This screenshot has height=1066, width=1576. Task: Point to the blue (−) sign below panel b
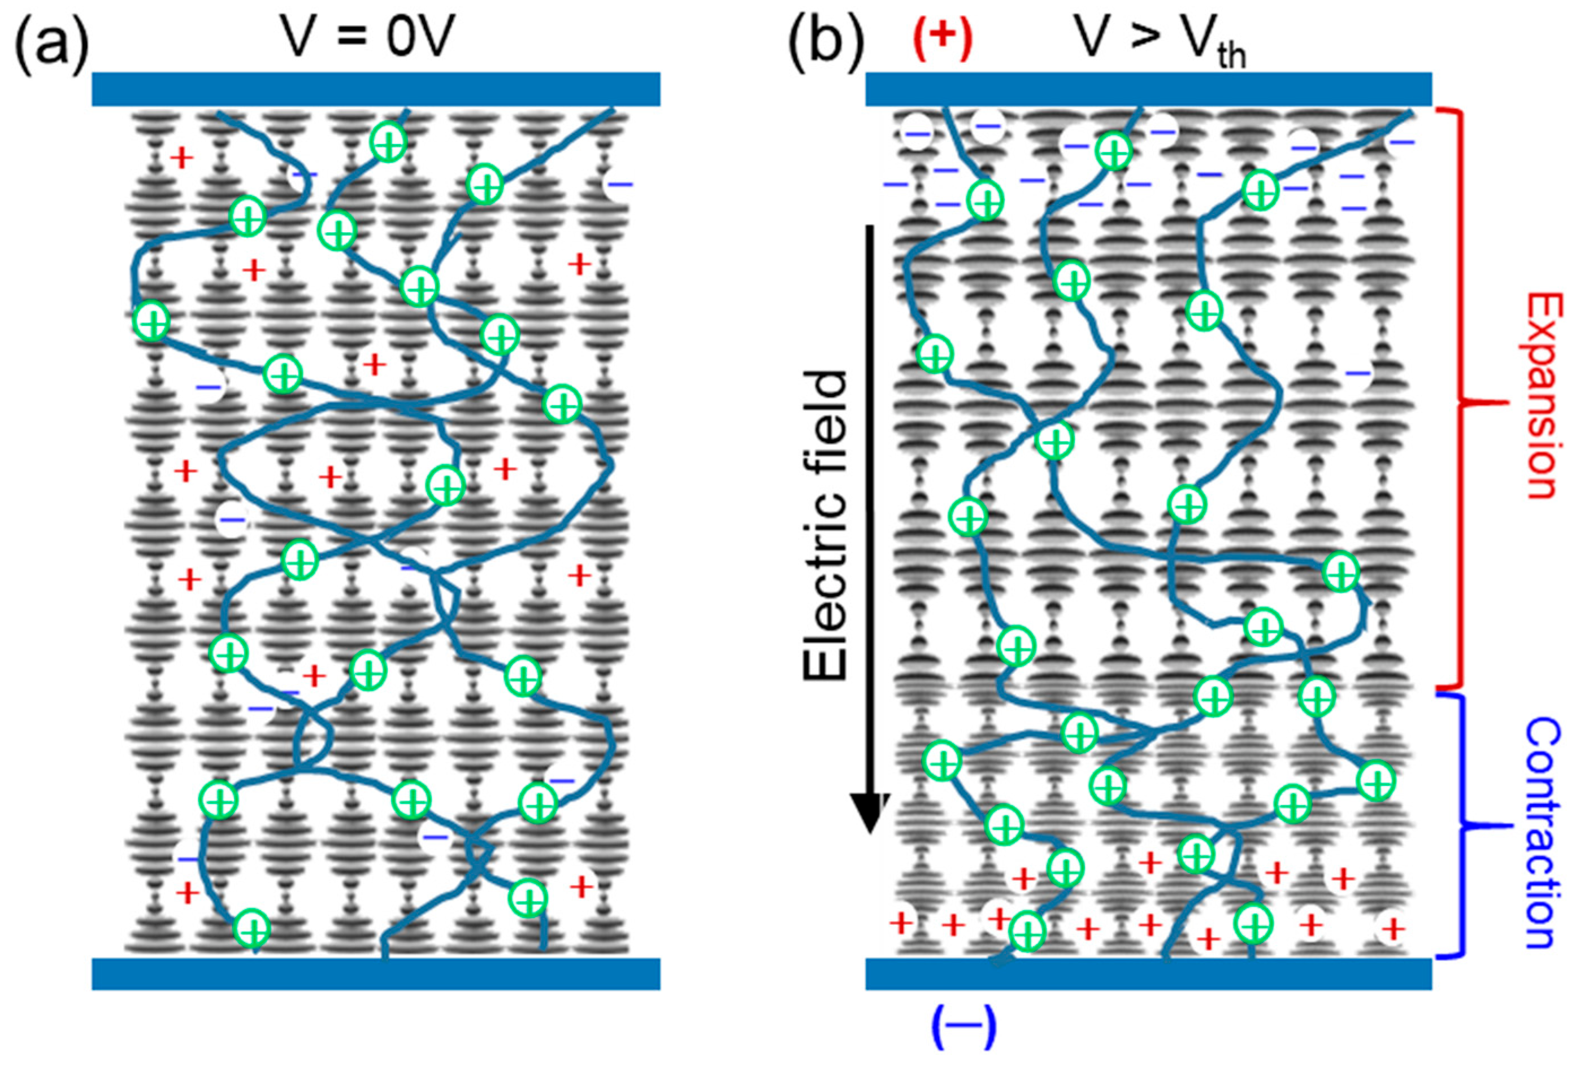coord(963,1026)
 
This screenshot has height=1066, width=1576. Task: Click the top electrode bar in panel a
coord(376,89)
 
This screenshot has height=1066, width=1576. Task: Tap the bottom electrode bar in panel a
coord(376,974)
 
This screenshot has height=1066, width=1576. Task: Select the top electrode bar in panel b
coord(1149,89)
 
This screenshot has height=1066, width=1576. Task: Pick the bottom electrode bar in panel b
coord(1149,974)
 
